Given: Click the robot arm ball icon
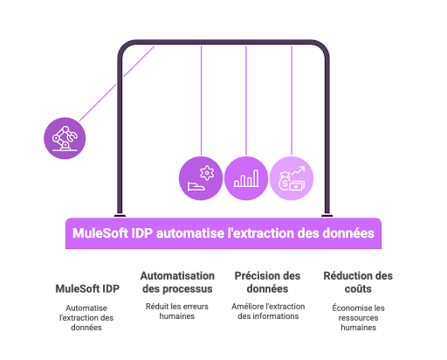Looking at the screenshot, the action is pyautogui.click(x=65, y=138).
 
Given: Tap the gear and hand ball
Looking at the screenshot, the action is pyautogui.click(x=201, y=178).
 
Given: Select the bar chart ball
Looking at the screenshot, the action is pyautogui.click(x=246, y=178).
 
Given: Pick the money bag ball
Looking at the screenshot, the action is pyautogui.click(x=292, y=178).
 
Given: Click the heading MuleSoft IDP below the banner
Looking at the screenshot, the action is pyautogui.click(x=87, y=288).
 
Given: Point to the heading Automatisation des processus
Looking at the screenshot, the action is pyautogui.click(x=177, y=282).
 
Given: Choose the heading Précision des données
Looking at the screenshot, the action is pyautogui.click(x=267, y=282).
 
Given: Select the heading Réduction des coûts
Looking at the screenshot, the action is pyautogui.click(x=358, y=282).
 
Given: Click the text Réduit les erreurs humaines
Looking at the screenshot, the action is pyautogui.click(x=177, y=311).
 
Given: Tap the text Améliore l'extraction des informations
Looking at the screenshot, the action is pyautogui.click(x=268, y=311).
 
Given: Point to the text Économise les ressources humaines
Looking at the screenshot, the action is pyautogui.click(x=358, y=318).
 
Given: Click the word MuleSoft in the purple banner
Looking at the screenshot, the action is pyautogui.click(x=100, y=233).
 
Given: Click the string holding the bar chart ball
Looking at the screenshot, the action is pyautogui.click(x=246, y=100).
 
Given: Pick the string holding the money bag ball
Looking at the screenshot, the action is pyautogui.click(x=292, y=100).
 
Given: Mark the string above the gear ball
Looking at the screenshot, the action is pyautogui.click(x=201, y=100).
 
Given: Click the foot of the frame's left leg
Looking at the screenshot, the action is pyautogui.click(x=120, y=216).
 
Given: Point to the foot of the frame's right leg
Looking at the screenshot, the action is pyautogui.click(x=327, y=216).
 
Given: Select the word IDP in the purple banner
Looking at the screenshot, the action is pyautogui.click(x=142, y=233).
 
